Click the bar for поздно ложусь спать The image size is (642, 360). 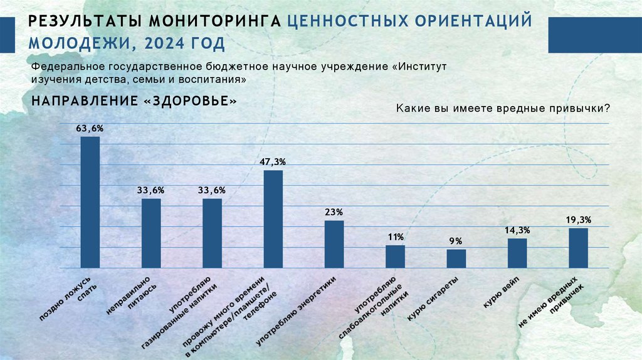pos(90,202)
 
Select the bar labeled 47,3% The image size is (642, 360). pos(273,219)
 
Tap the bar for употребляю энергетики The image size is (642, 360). pos(334,244)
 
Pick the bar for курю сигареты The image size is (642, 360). pos(456,258)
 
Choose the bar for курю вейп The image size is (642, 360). pos(517,253)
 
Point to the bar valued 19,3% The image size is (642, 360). pos(578,248)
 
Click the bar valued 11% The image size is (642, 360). pos(395,256)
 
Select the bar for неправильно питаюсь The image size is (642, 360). pos(151,233)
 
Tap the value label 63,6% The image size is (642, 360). pos(90,128)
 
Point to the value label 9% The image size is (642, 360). pos(456,241)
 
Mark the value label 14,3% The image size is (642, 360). pos(517,230)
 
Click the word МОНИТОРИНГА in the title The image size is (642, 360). pos(214,20)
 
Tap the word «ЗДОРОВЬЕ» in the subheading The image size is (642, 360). pos(194,100)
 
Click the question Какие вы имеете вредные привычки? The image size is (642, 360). pos(503,109)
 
